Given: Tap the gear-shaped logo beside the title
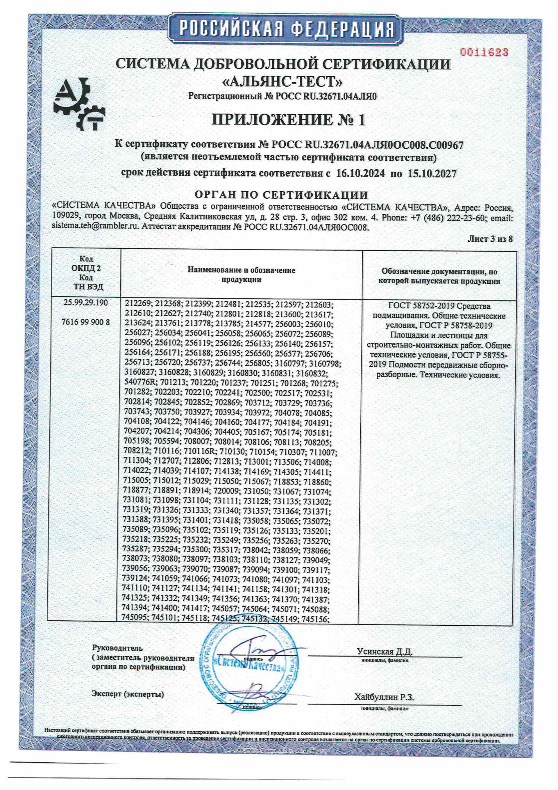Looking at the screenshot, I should click(x=80, y=104).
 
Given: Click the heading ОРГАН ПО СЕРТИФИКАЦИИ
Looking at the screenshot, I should click(x=281, y=195).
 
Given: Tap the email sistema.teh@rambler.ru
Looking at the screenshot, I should click(x=95, y=227).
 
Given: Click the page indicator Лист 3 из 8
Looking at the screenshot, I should click(x=490, y=239).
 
